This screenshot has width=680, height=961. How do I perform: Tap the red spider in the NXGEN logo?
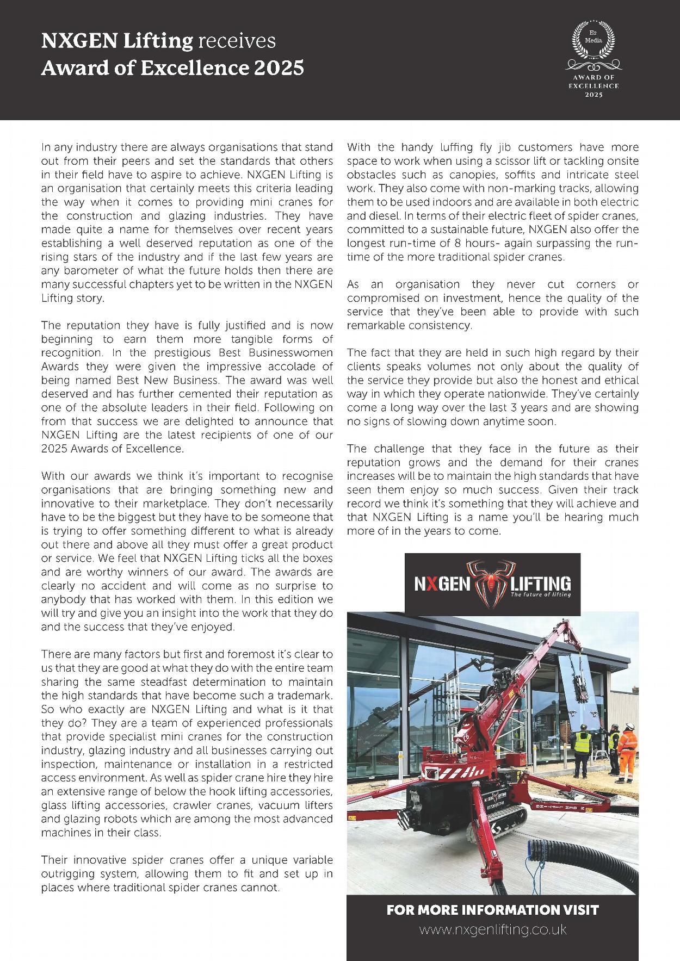click(x=492, y=583)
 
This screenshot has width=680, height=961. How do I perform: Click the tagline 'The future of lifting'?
click(x=540, y=595)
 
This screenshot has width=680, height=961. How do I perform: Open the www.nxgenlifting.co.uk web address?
click(x=492, y=929)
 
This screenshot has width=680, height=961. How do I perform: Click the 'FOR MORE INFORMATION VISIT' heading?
click(x=492, y=909)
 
